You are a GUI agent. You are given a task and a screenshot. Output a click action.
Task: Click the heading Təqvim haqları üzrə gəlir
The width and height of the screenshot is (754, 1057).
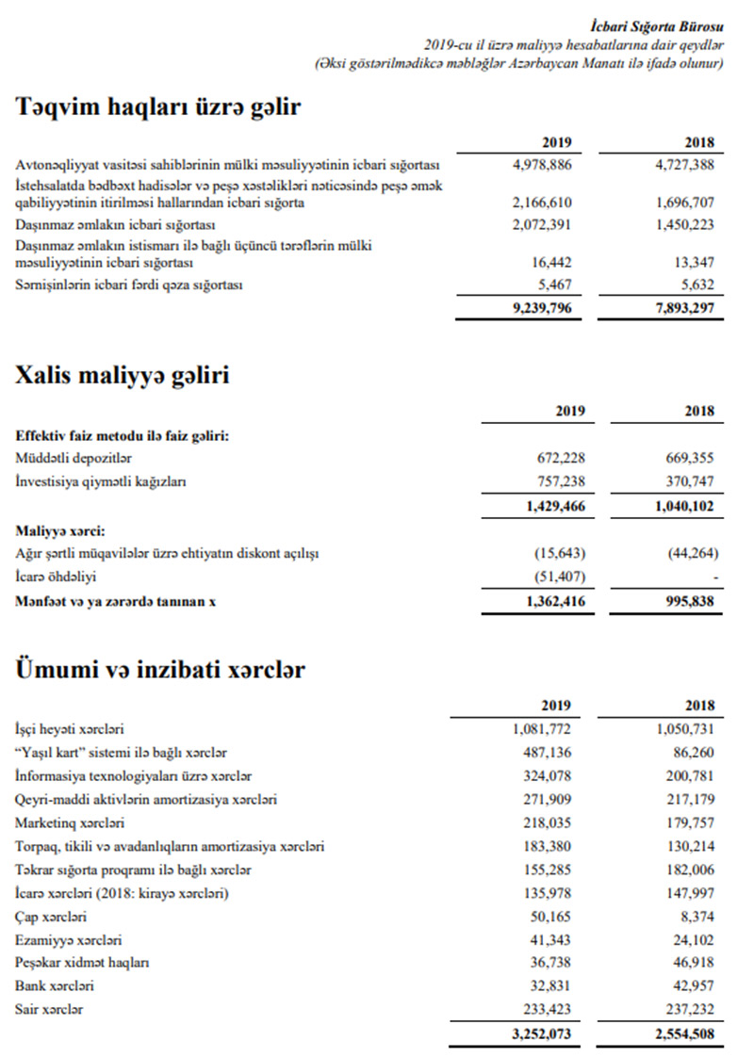(158, 106)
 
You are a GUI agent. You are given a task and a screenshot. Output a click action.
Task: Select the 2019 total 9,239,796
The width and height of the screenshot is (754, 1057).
(542, 308)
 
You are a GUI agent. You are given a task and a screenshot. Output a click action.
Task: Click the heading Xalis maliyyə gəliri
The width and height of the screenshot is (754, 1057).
(123, 376)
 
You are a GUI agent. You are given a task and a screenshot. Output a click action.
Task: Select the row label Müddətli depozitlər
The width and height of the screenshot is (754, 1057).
(74, 458)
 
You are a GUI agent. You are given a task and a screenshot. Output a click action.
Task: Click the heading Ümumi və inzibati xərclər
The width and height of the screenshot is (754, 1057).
(160, 670)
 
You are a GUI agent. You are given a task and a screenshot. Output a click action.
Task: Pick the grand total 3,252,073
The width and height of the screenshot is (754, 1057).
(542, 1033)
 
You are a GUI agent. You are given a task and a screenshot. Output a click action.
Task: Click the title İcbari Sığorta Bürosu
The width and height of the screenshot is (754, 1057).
(670, 25)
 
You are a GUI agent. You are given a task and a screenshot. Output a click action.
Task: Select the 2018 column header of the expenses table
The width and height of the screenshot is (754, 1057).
(698, 705)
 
